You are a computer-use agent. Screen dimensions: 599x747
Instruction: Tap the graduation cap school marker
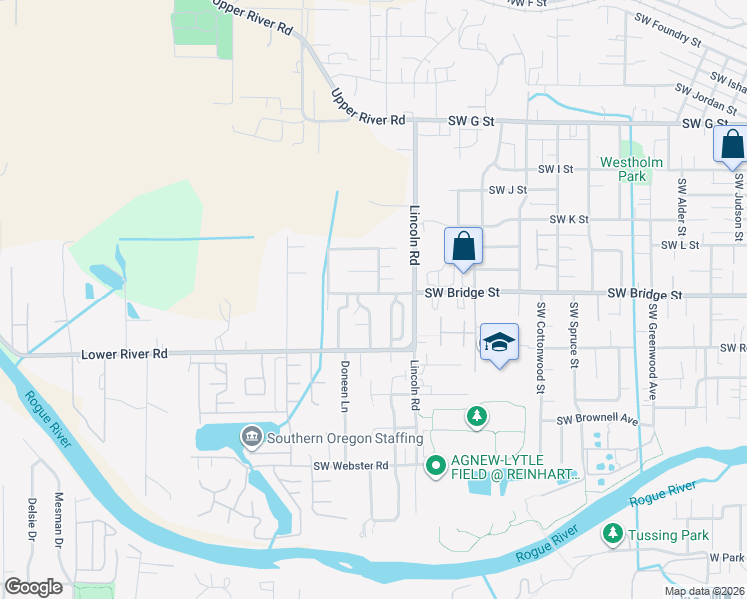[x=499, y=344]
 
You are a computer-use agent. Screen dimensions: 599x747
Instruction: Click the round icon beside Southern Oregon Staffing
[x=251, y=436]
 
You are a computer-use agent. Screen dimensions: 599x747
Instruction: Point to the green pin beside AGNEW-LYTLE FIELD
[x=435, y=465]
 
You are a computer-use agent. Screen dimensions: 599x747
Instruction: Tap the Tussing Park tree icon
[x=613, y=535]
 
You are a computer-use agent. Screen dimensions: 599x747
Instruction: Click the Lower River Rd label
[x=125, y=354]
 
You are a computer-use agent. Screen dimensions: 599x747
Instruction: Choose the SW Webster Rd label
[x=350, y=466]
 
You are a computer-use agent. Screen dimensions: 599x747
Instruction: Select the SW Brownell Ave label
[x=597, y=420]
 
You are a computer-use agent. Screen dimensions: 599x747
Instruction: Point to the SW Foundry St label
[x=668, y=29]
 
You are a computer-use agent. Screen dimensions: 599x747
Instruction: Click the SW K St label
[x=569, y=219]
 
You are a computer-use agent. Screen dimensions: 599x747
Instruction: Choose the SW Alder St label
[x=682, y=209]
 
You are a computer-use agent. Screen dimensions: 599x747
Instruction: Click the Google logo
[x=33, y=587]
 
